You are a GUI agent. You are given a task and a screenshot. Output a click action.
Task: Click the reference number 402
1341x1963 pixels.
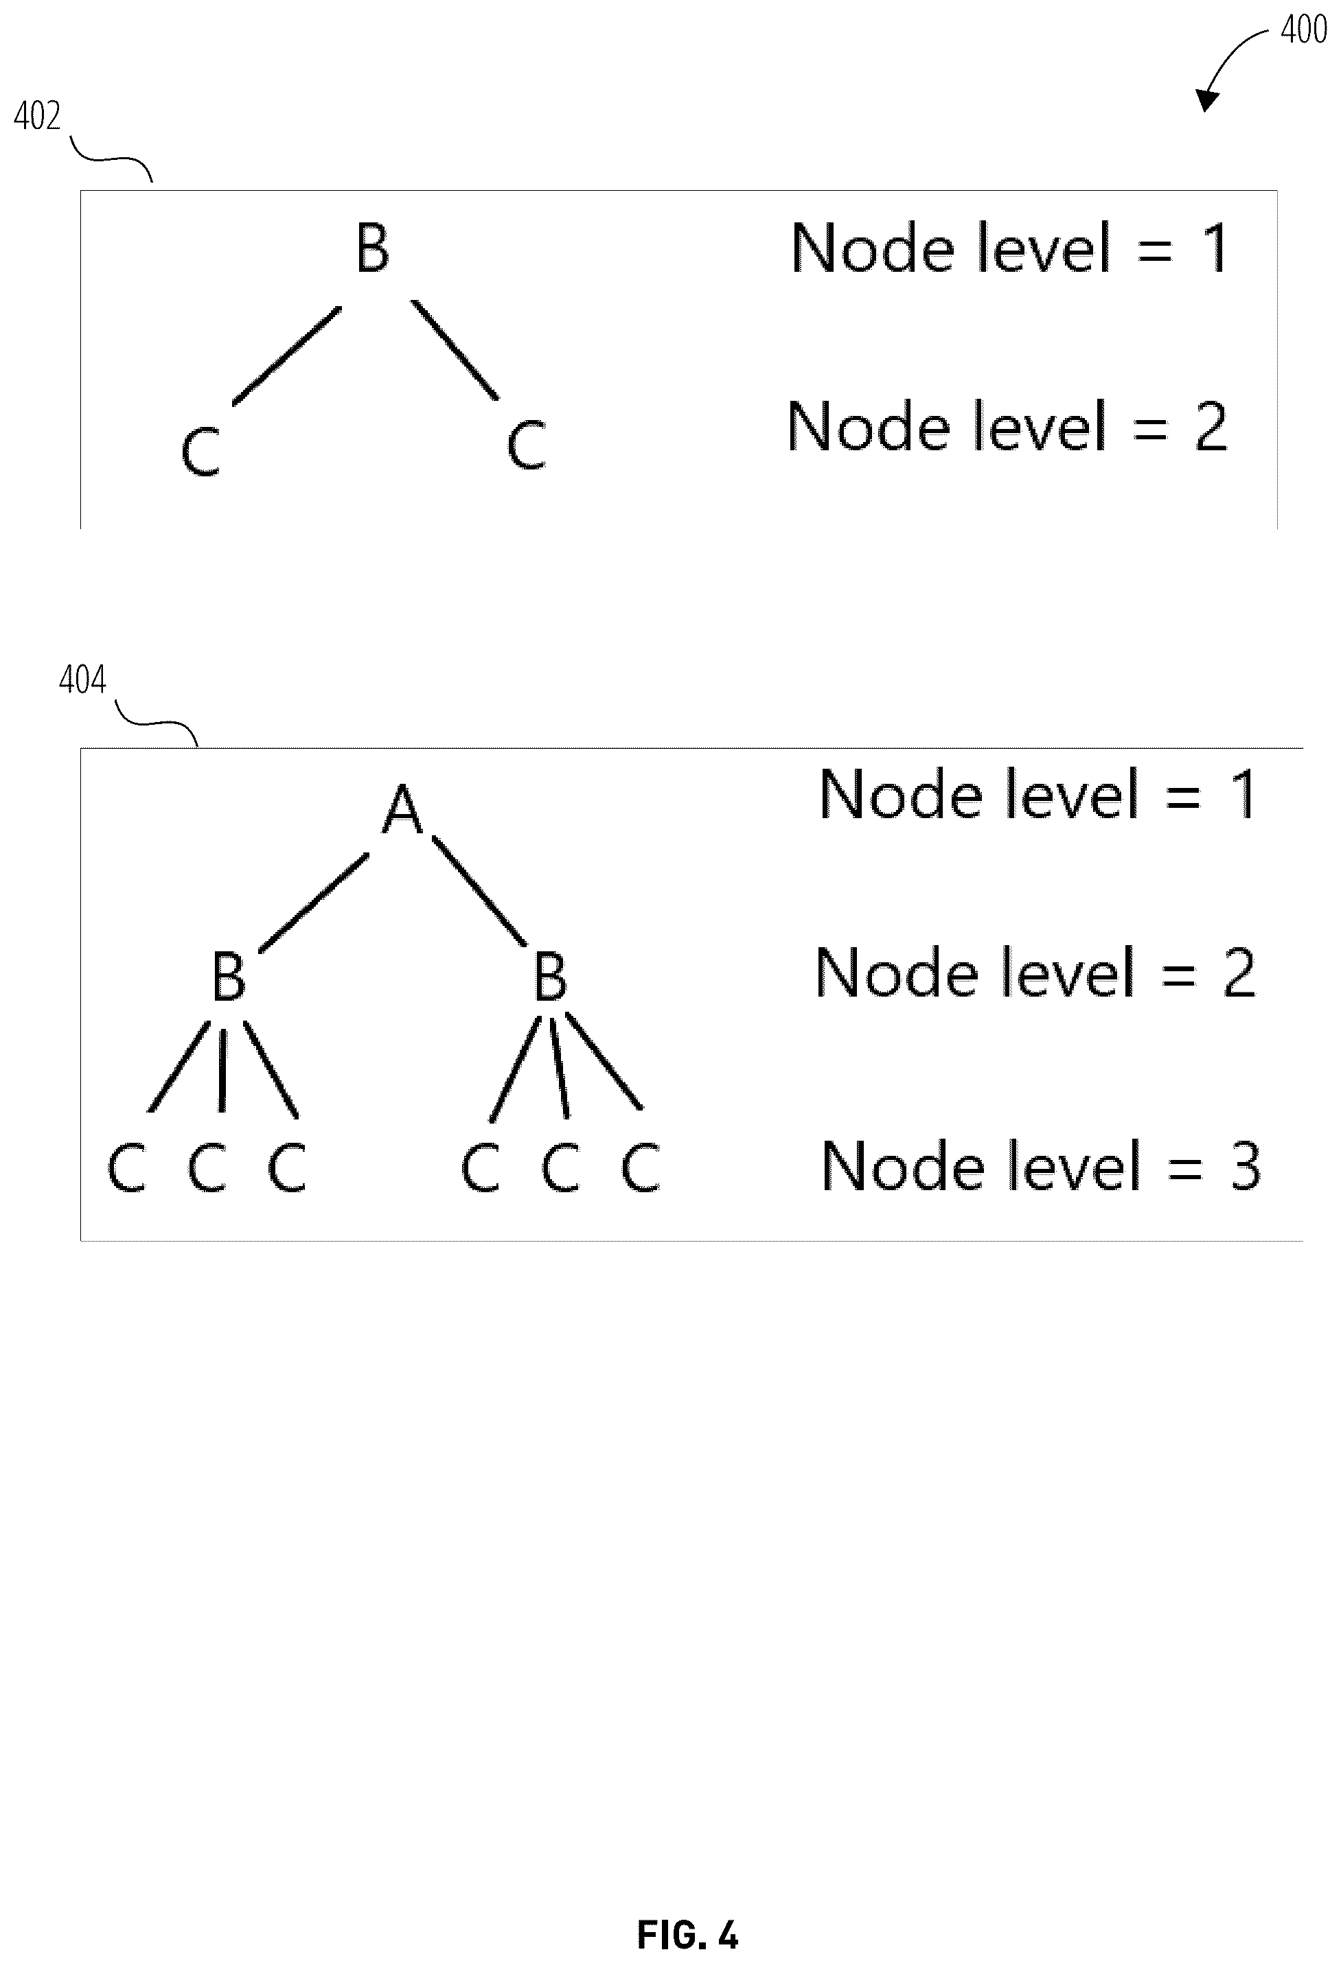click(x=37, y=117)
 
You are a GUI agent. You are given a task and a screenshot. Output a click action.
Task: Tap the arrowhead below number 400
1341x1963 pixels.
click(x=1206, y=100)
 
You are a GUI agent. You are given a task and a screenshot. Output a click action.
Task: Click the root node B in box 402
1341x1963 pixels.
click(x=373, y=248)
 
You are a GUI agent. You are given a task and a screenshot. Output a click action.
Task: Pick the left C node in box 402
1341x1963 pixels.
click(x=201, y=451)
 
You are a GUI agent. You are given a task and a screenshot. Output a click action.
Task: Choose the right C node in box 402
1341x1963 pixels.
click(x=527, y=445)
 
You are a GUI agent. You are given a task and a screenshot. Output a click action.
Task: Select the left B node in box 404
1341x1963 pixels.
click(x=228, y=977)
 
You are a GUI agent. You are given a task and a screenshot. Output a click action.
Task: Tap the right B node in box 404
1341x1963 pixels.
click(x=550, y=977)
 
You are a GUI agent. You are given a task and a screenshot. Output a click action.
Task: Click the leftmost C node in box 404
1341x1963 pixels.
click(x=127, y=1168)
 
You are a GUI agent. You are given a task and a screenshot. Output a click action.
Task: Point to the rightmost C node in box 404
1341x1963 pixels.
click(x=640, y=1168)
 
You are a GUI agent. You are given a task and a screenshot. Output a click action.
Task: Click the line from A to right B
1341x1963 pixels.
click(x=479, y=891)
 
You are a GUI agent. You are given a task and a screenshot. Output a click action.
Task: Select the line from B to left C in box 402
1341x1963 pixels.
click(x=287, y=356)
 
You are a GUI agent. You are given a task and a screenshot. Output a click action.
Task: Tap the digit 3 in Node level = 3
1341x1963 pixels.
click(x=1245, y=1167)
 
